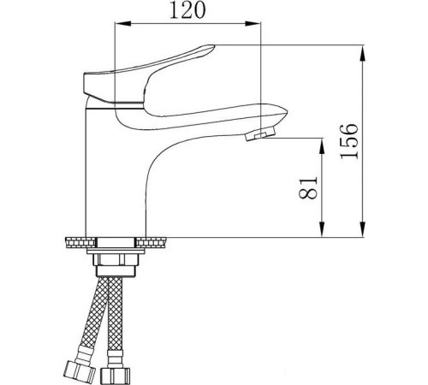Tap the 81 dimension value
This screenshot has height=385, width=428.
click(x=310, y=187)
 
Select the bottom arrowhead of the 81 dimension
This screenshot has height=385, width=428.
click(x=323, y=229)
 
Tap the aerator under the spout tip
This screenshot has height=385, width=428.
click(x=255, y=135)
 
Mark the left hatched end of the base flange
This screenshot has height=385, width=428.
click(x=75, y=240)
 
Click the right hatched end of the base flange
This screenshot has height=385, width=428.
click(x=158, y=240)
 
